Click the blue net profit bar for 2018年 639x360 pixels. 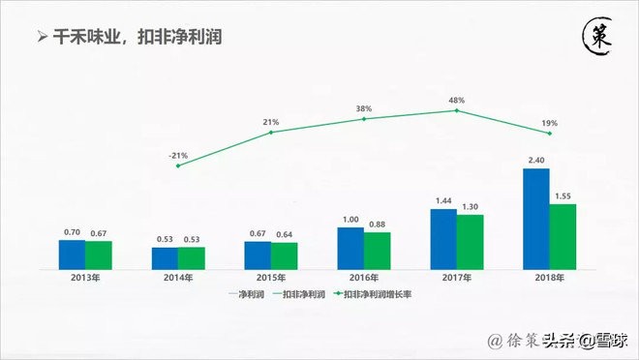536,219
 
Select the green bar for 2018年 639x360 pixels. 562,236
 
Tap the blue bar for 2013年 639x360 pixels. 72,254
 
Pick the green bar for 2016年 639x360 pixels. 377,250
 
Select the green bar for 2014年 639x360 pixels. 192,257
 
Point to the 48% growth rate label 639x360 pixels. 456,100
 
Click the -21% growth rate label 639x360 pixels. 177,155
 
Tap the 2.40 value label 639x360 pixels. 535,159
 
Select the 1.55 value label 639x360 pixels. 563,195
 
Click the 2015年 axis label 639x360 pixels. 271,278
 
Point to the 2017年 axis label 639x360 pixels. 457,278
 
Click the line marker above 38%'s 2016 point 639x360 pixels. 364,119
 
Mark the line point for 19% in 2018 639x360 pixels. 550,134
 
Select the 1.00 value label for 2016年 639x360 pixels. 350,219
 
